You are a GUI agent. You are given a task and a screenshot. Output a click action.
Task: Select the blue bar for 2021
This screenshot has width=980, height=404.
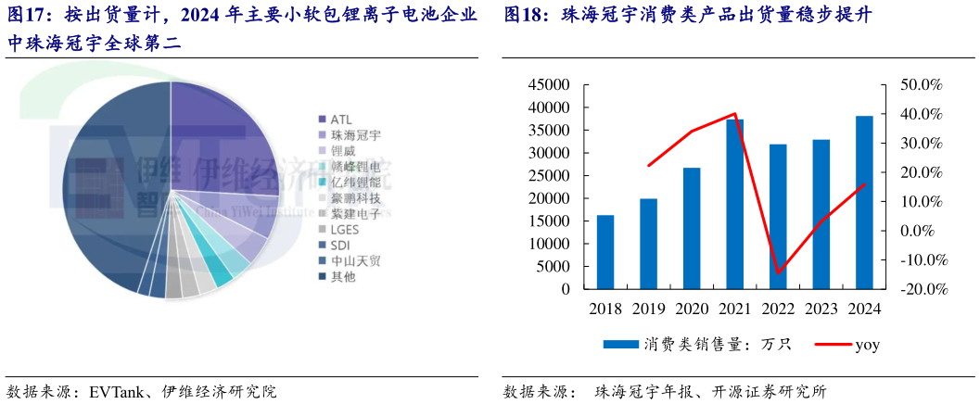click(x=734, y=204)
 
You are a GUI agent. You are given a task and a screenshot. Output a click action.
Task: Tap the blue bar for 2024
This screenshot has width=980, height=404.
click(x=863, y=202)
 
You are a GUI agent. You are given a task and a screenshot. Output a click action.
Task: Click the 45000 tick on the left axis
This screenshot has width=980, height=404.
click(x=550, y=85)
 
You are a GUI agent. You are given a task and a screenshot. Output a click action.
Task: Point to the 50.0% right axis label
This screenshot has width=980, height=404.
click(x=921, y=85)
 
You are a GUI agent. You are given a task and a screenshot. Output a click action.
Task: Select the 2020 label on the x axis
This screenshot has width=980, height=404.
click(x=691, y=309)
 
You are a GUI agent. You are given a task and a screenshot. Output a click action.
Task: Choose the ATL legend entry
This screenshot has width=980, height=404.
click(x=340, y=120)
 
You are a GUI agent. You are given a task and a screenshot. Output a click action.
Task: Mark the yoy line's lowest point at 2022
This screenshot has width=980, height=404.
click(x=778, y=273)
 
